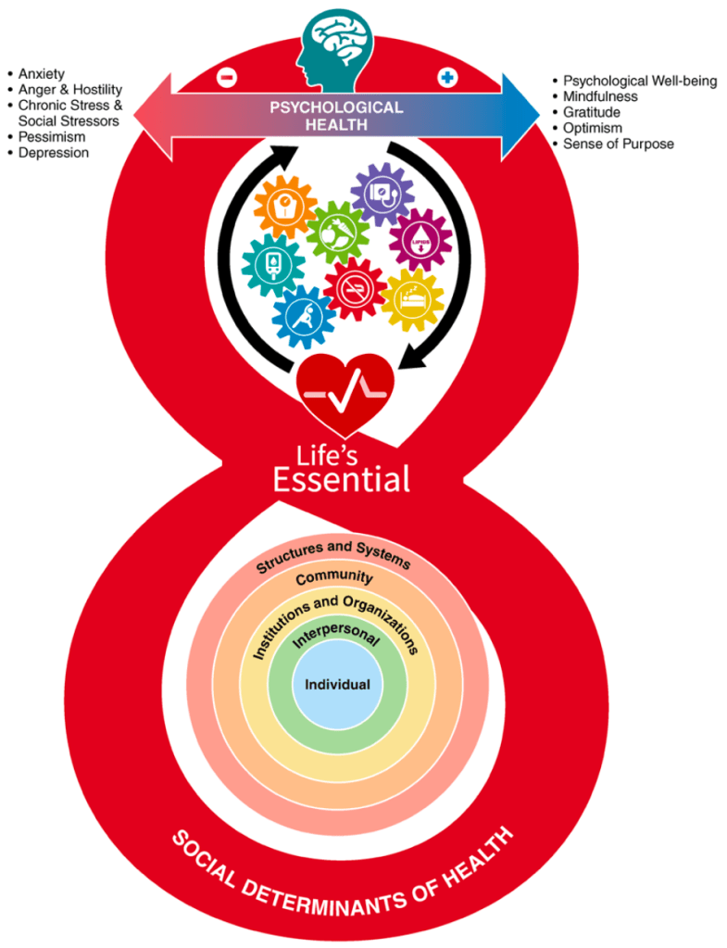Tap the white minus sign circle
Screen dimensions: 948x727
(227, 78)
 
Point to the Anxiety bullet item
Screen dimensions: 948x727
(42, 73)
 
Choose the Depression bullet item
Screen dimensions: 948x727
(54, 153)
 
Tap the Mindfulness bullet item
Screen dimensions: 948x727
(600, 96)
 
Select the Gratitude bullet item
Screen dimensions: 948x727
(592, 112)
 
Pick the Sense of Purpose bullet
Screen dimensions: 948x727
(618, 144)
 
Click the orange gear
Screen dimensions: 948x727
(284, 209)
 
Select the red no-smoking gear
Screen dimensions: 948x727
(354, 288)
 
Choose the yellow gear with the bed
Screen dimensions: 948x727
(411, 299)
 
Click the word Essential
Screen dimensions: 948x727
(342, 478)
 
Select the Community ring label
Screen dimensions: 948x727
(334, 577)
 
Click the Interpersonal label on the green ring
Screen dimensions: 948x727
(335, 639)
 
